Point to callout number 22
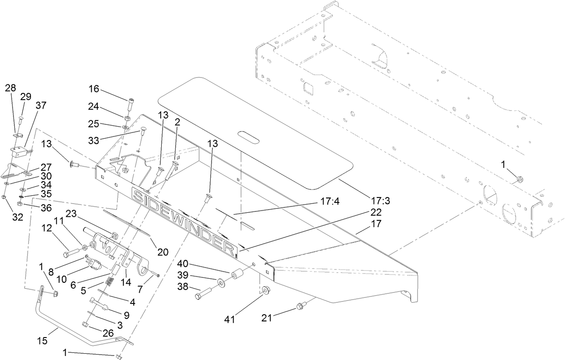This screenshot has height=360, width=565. click(x=376, y=212)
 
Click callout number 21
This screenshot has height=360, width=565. click(x=268, y=318)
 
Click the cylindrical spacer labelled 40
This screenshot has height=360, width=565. click(x=238, y=275)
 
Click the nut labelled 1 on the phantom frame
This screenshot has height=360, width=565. click(x=519, y=180)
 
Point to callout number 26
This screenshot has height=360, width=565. click(x=109, y=333)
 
